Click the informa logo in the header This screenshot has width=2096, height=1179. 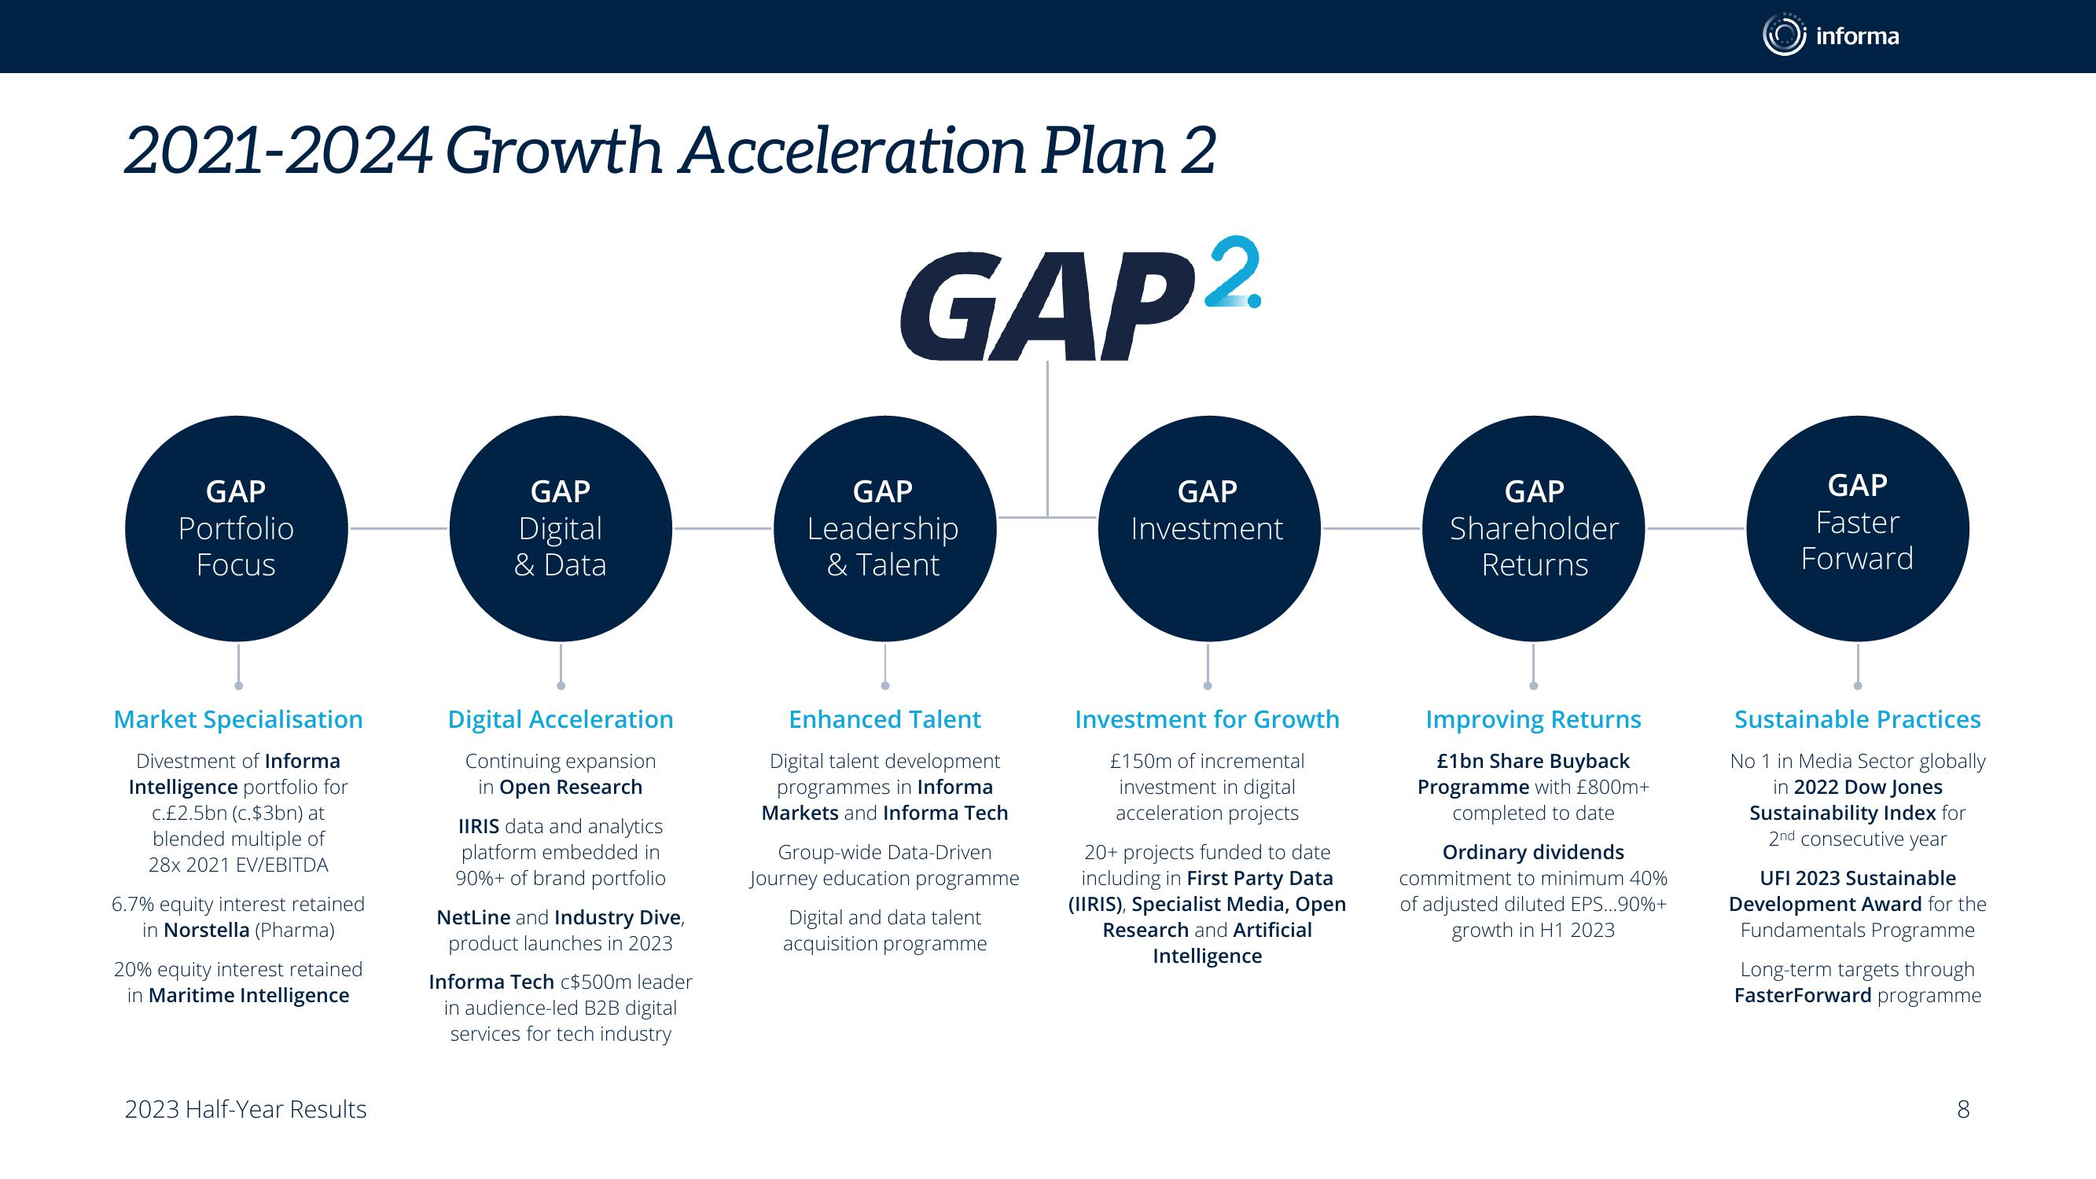click(1831, 35)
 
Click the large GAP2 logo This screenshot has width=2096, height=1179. click(1080, 299)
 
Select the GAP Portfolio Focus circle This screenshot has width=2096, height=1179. click(236, 528)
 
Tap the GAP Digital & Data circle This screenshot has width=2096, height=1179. click(561, 528)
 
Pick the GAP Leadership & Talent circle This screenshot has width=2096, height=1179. click(884, 528)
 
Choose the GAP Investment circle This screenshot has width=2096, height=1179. click(1208, 528)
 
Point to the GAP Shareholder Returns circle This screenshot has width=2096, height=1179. click(1533, 528)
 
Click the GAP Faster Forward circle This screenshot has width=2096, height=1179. click(1858, 528)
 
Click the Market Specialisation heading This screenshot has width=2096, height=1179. click(238, 719)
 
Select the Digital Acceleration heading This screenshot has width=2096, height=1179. click(561, 719)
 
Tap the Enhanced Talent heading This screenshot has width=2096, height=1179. click(884, 719)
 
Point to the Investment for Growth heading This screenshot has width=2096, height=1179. click(1208, 719)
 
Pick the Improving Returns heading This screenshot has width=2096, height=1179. click(1534, 719)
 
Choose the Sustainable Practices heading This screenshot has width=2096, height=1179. click(1858, 719)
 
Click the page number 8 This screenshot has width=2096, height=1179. click(1963, 1109)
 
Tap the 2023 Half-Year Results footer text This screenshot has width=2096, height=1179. click(246, 1109)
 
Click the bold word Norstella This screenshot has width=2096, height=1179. click(207, 930)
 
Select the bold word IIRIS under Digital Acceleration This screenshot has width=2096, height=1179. click(479, 826)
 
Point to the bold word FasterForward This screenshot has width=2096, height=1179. click(1803, 995)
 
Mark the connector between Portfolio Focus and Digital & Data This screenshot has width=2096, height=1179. click(399, 529)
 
